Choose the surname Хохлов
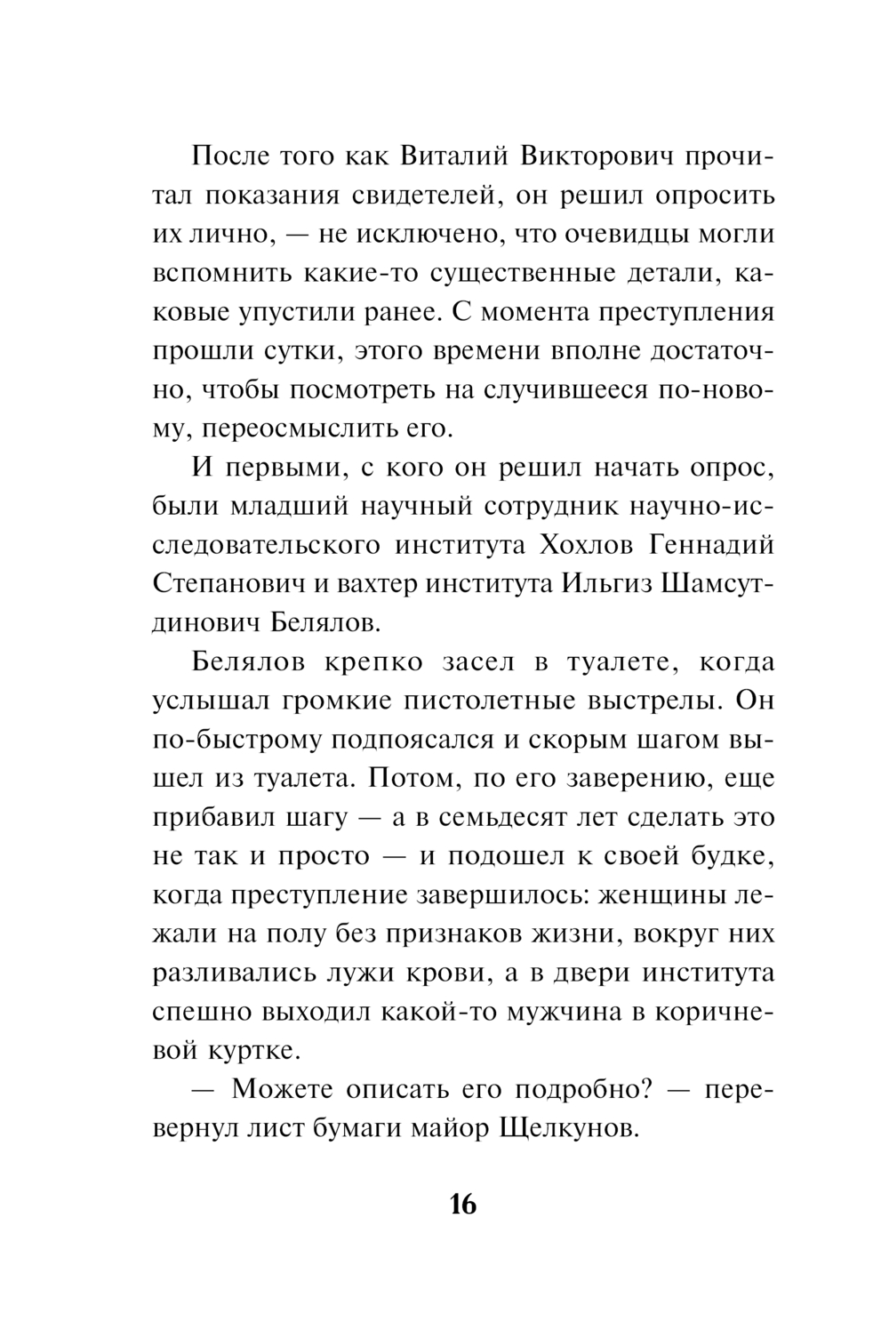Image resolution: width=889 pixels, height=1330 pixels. pos(601,545)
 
